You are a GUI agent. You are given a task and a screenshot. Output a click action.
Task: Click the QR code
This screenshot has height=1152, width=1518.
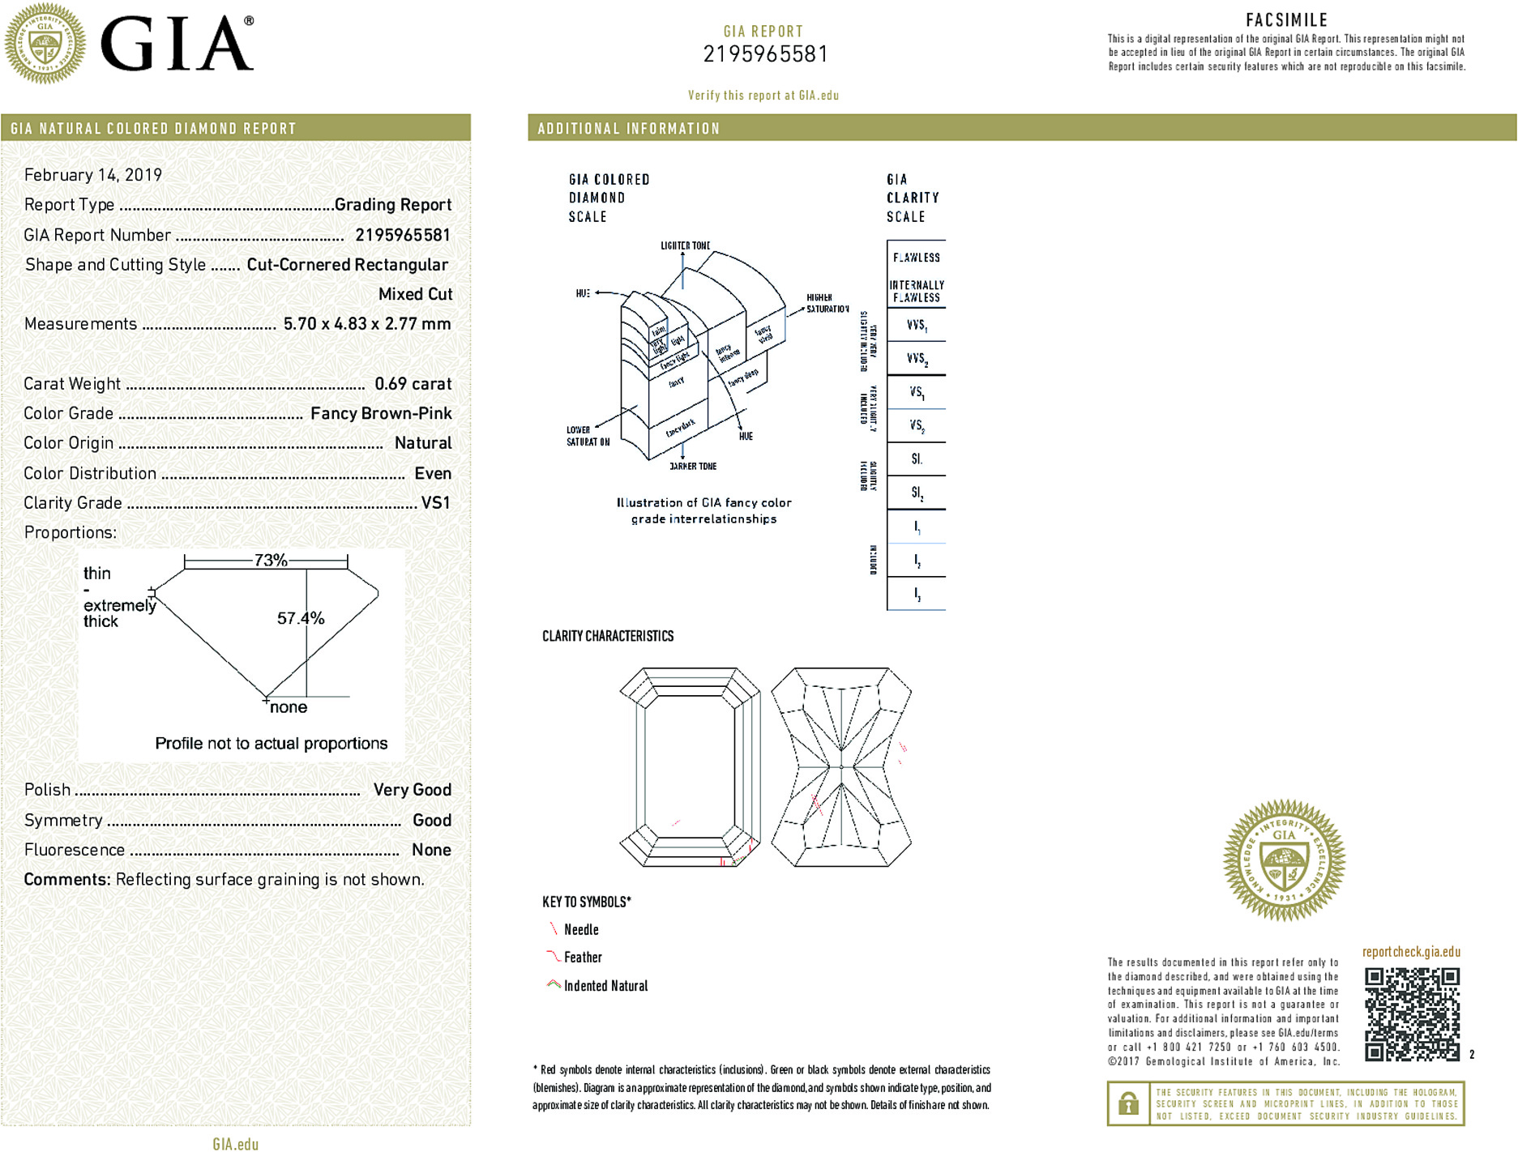pyautogui.click(x=1412, y=1013)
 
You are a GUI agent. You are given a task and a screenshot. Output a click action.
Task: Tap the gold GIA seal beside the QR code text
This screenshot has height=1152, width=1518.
pyautogui.click(x=1284, y=860)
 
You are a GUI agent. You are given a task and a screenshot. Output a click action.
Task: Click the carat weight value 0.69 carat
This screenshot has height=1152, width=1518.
pyautogui.click(x=413, y=384)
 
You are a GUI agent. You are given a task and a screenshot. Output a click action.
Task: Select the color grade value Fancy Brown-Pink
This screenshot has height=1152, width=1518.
pyautogui.click(x=381, y=414)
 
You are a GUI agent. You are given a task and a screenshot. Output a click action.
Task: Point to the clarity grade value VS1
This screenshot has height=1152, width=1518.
pyautogui.click(x=435, y=503)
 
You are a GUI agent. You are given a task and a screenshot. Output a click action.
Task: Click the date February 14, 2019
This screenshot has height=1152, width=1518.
pyautogui.click(x=93, y=175)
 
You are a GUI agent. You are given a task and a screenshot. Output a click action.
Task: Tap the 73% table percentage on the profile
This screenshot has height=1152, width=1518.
pyautogui.click(x=271, y=560)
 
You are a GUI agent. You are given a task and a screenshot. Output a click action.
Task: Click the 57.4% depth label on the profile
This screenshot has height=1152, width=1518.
pyautogui.click(x=301, y=619)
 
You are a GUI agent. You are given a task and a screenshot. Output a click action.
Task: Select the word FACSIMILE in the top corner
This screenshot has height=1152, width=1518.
pyautogui.click(x=1286, y=20)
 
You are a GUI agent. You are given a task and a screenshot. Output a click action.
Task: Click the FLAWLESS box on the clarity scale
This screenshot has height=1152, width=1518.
pyautogui.click(x=917, y=258)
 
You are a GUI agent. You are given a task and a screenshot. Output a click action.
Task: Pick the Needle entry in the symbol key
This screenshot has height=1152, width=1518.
pyautogui.click(x=580, y=930)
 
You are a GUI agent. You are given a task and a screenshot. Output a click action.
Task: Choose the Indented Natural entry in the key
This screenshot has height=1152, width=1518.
pyautogui.click(x=605, y=986)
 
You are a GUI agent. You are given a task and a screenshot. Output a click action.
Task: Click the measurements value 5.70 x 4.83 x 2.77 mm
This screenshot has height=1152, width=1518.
pyautogui.click(x=367, y=324)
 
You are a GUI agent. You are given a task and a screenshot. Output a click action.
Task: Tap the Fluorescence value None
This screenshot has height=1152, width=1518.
pyautogui.click(x=431, y=850)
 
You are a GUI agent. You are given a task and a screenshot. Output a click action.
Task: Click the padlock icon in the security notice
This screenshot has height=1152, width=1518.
pyautogui.click(x=1128, y=1103)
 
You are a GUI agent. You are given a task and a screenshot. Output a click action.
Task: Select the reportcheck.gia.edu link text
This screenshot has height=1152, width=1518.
pyautogui.click(x=1411, y=952)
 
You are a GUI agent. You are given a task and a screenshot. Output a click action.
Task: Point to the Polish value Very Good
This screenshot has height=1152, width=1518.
pyautogui.click(x=412, y=790)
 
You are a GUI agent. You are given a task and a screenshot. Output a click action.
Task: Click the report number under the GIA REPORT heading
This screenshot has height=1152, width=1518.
pyautogui.click(x=765, y=54)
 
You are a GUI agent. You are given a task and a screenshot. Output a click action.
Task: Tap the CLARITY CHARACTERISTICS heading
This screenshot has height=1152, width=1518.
pyautogui.click(x=608, y=637)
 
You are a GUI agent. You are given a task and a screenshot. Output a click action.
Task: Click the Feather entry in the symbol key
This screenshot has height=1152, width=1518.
pyautogui.click(x=582, y=958)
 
